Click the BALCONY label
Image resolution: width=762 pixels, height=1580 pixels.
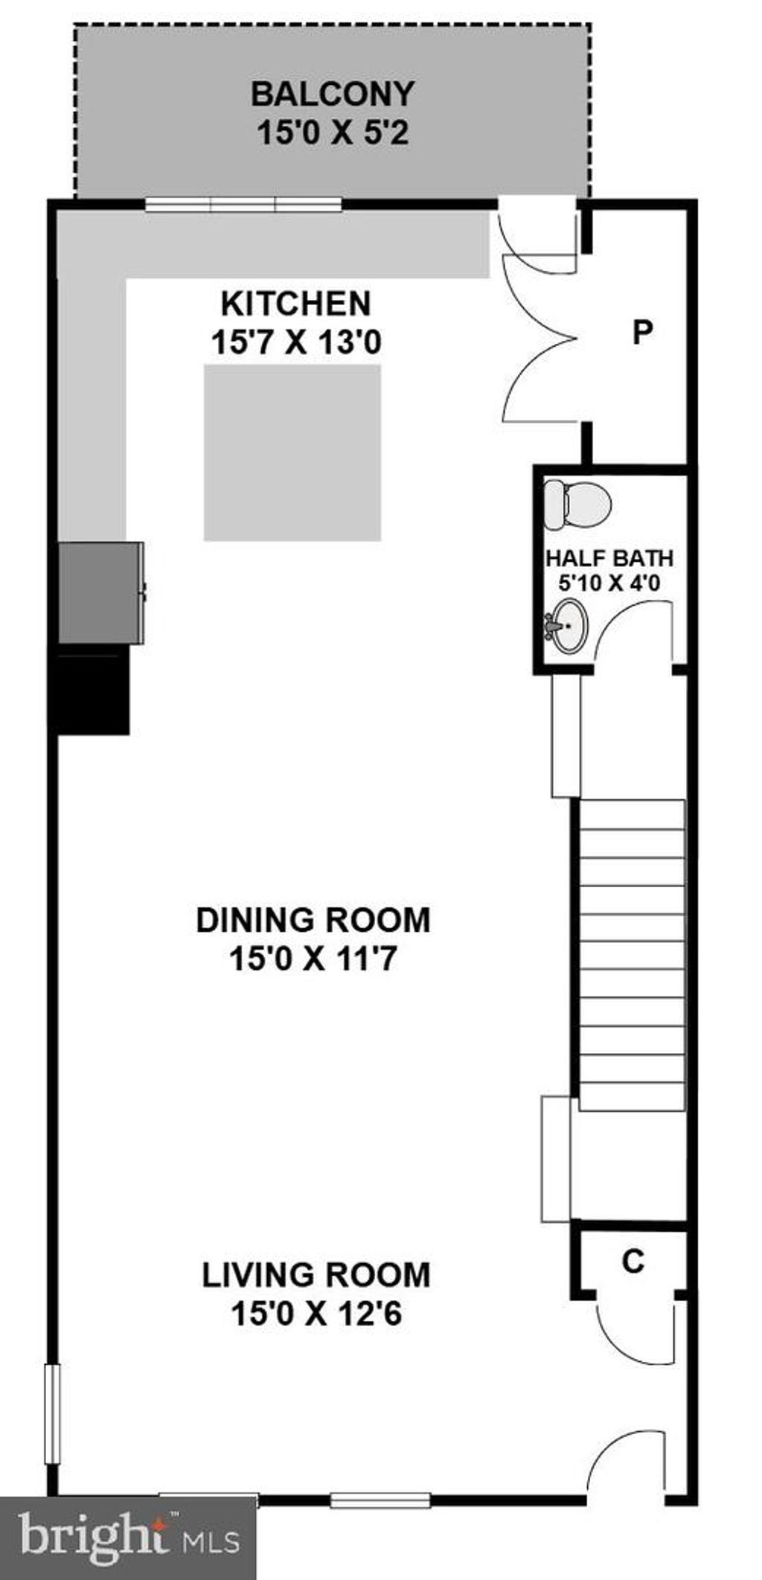click(332, 95)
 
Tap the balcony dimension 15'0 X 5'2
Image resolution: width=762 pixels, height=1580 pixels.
click(333, 134)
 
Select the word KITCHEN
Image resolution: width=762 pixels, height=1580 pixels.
click(296, 304)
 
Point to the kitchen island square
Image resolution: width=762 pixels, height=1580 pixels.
click(292, 452)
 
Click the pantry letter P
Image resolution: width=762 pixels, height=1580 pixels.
click(642, 332)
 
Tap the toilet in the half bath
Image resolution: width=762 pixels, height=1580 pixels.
click(577, 505)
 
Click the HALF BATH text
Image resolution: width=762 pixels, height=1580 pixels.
click(609, 558)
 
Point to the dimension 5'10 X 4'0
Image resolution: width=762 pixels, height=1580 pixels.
click(609, 582)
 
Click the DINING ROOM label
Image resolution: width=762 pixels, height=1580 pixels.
click(313, 920)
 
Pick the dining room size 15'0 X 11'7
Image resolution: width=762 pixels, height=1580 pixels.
click(313, 959)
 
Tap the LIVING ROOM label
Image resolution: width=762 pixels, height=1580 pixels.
click(316, 1275)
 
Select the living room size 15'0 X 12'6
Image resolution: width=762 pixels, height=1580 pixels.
click(316, 1314)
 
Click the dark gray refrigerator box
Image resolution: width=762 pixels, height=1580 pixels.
click(100, 592)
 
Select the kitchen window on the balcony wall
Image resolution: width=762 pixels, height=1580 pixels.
click(243, 203)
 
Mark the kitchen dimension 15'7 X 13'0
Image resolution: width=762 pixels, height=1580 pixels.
click(296, 343)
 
